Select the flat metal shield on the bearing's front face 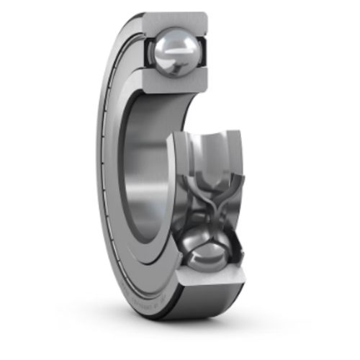(x=115, y=180)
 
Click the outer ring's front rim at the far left (x=99, y=180)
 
